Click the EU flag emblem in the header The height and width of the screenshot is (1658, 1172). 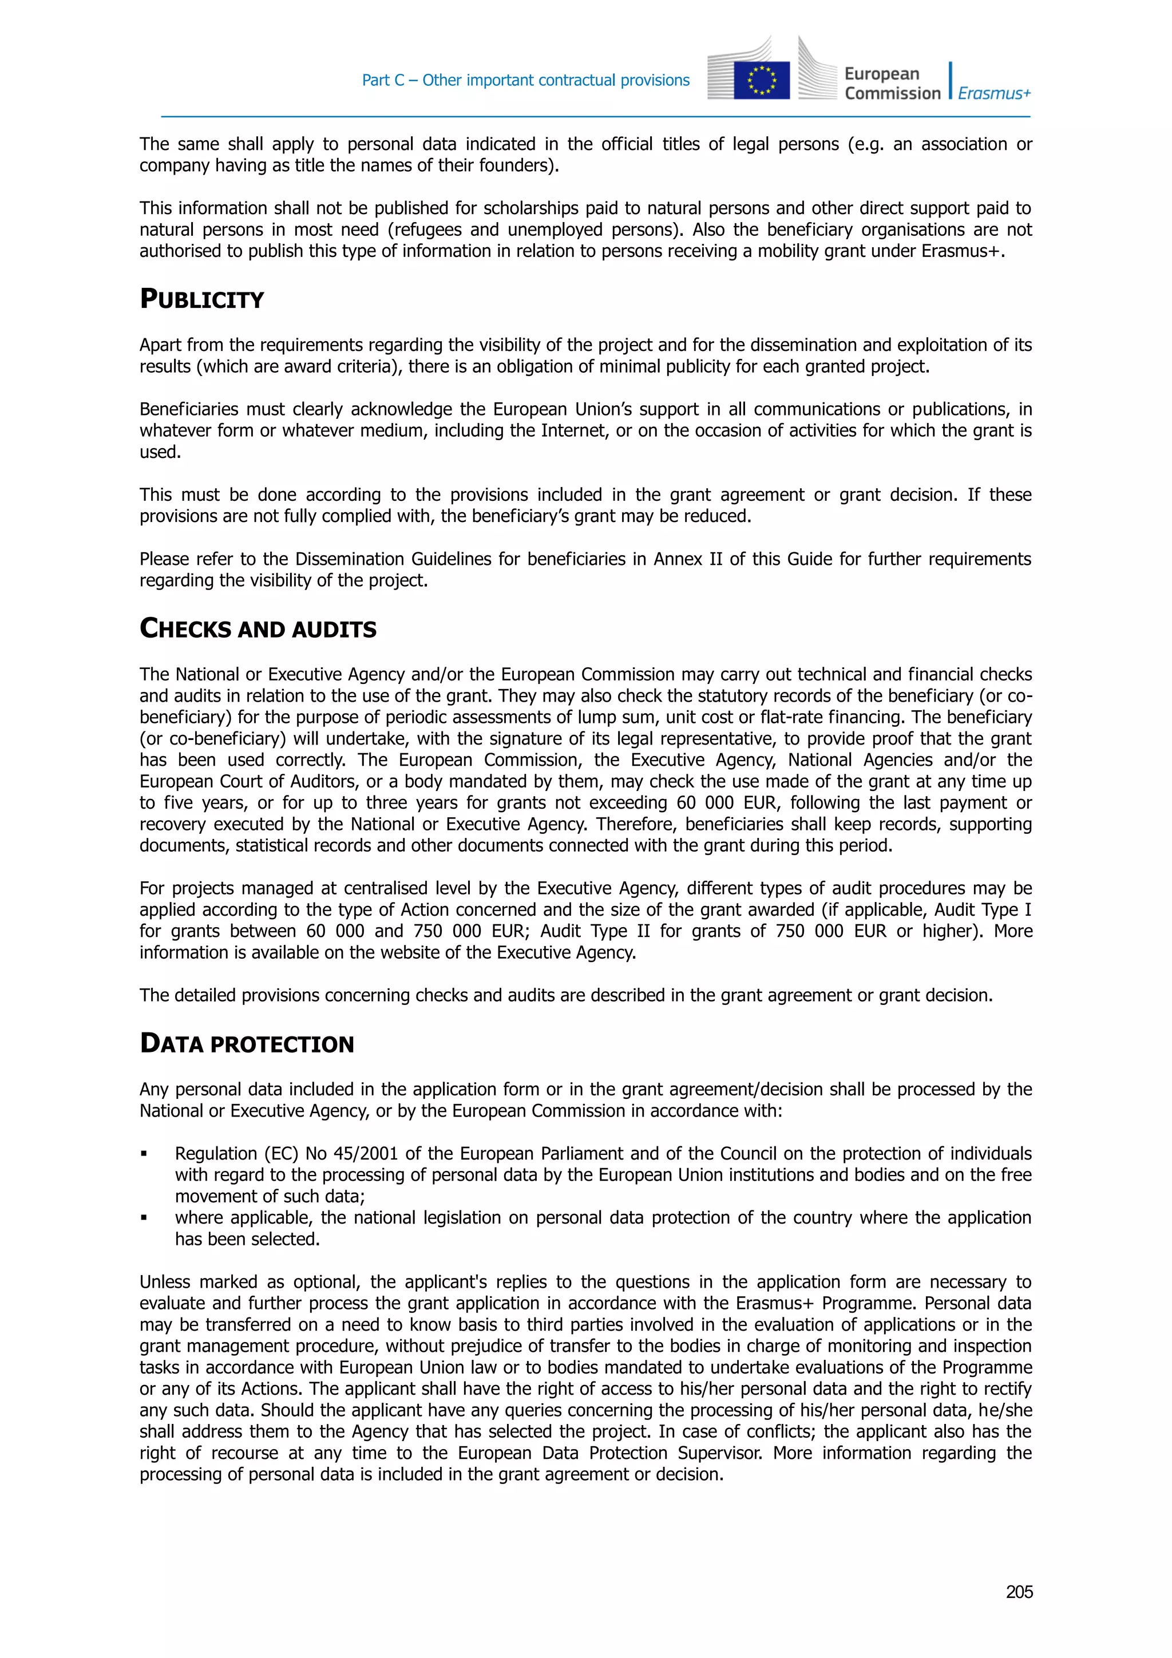pyautogui.click(x=761, y=80)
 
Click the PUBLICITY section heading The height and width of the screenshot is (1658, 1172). pyautogui.click(x=201, y=299)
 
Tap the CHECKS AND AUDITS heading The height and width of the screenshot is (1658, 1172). pyautogui.click(x=258, y=628)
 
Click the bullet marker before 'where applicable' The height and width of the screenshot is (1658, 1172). pyautogui.click(x=144, y=1219)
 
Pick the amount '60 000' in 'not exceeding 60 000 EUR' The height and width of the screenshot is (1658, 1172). pyautogui.click(x=705, y=803)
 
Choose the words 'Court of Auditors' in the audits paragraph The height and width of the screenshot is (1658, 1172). pyautogui.click(x=289, y=781)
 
